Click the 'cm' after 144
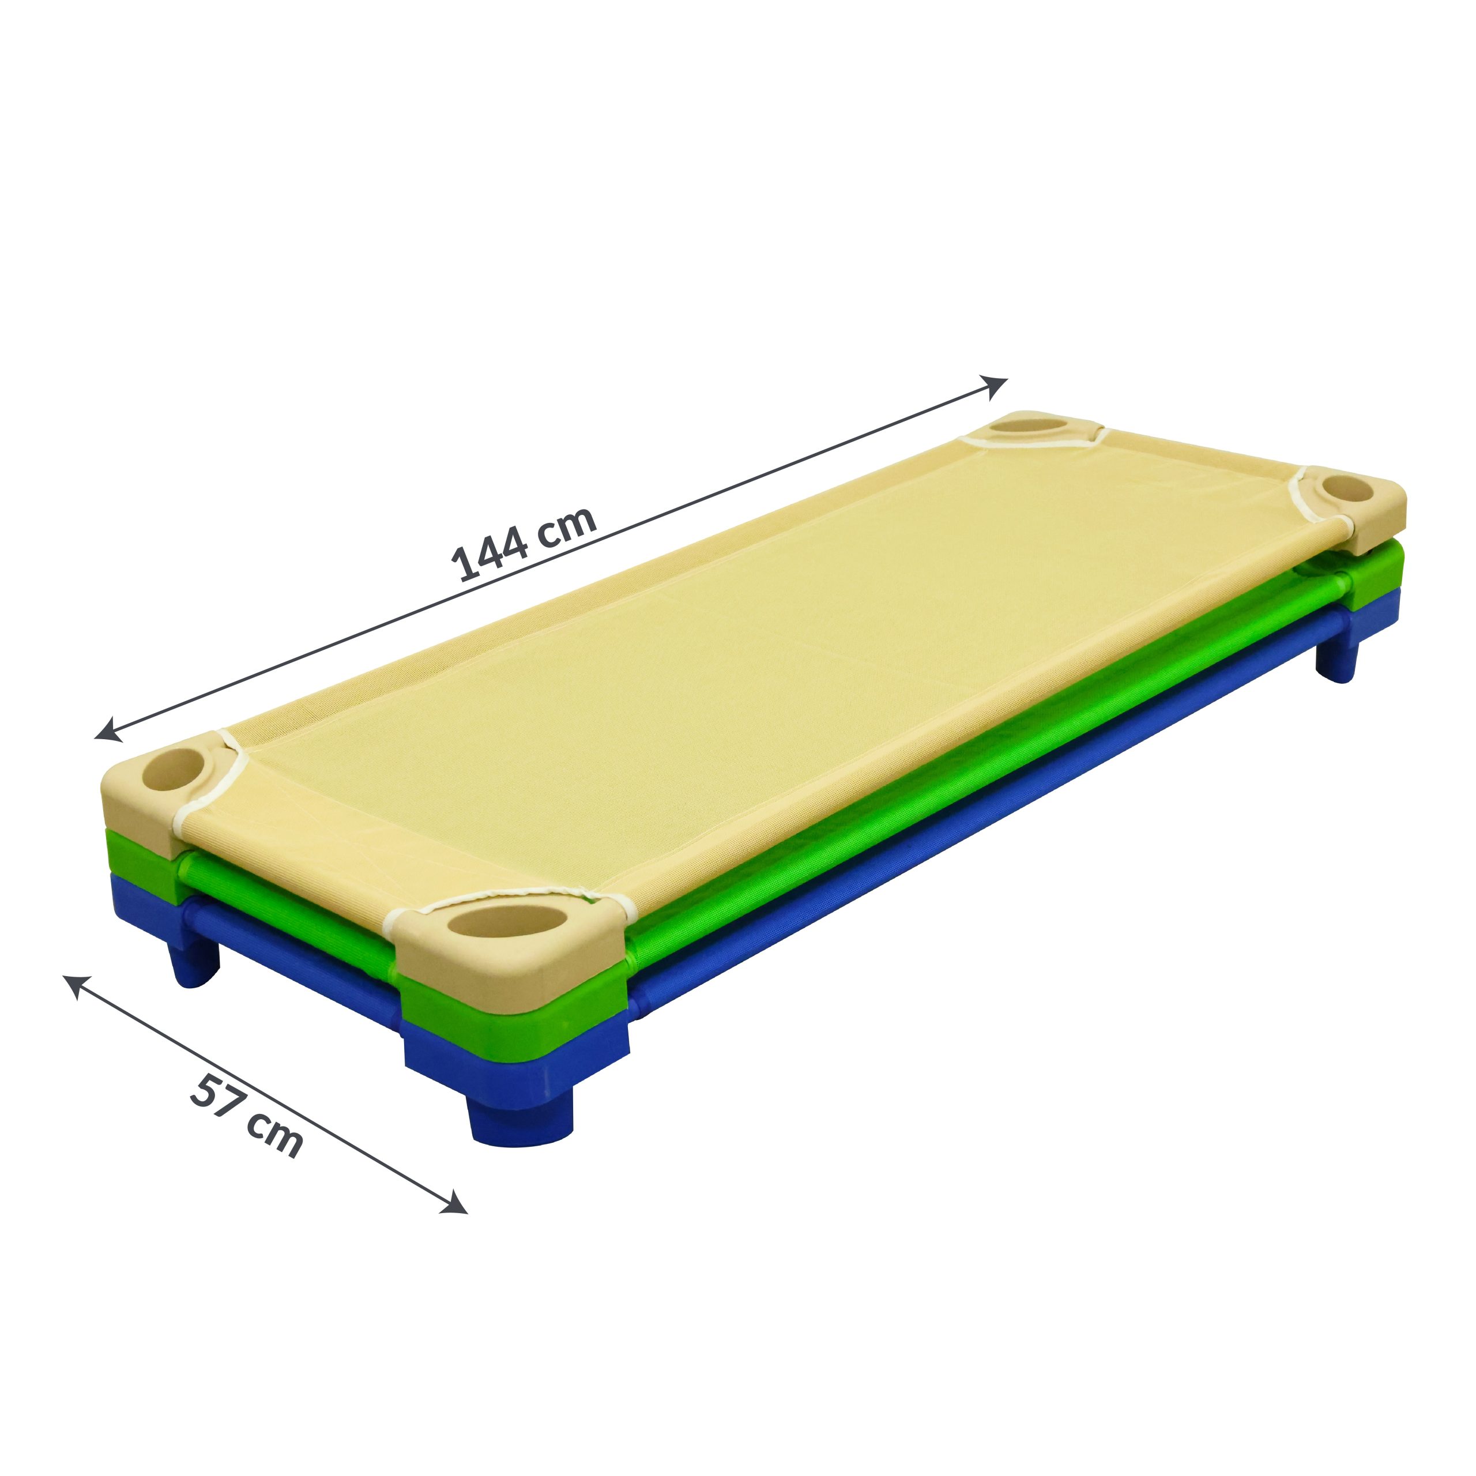[x=566, y=522]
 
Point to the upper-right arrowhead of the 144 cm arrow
[x=996, y=386]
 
